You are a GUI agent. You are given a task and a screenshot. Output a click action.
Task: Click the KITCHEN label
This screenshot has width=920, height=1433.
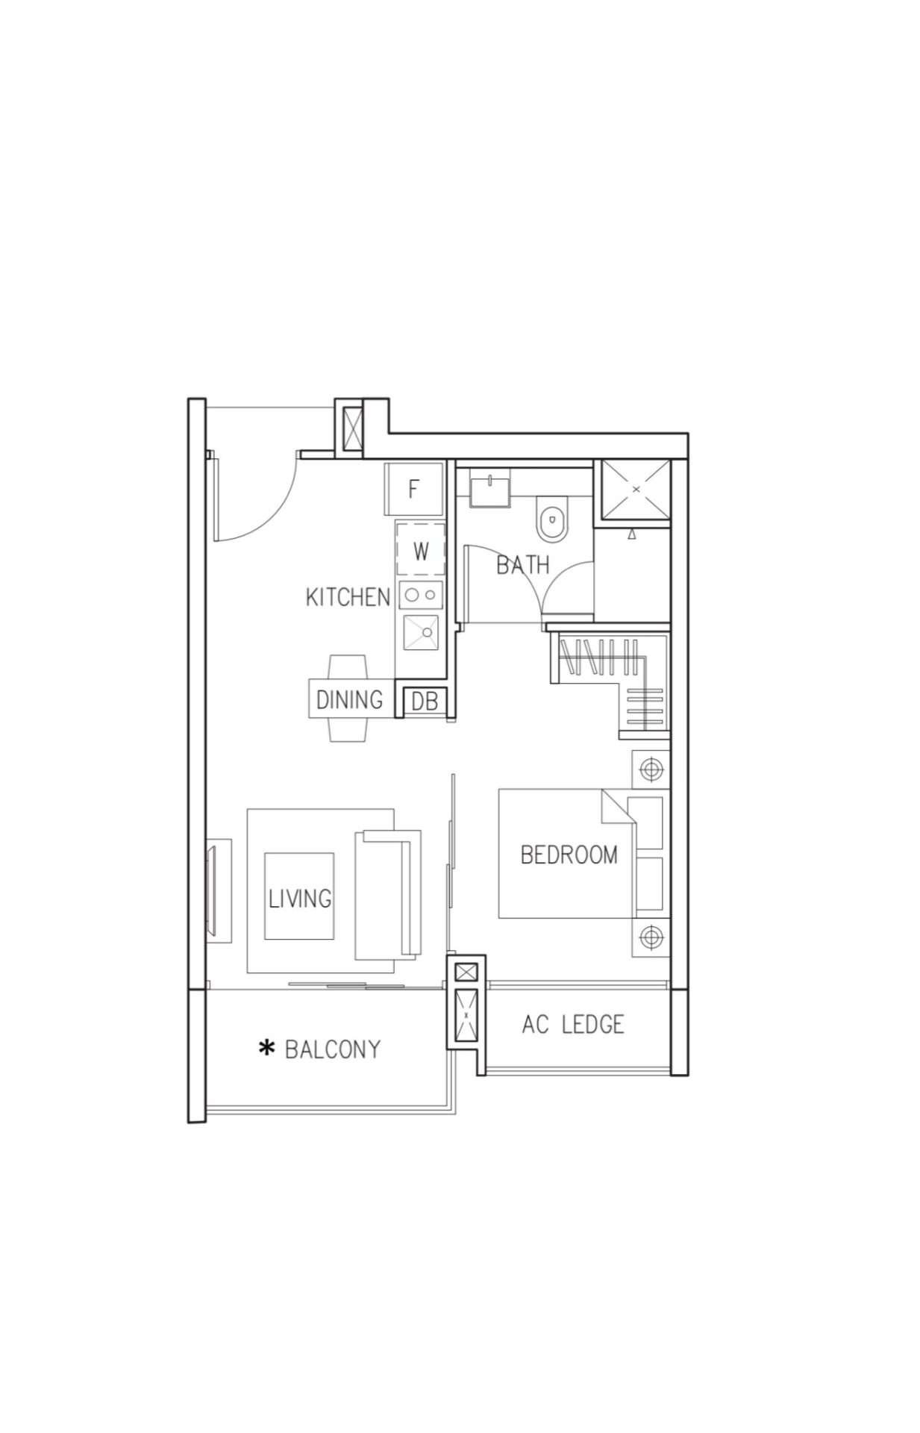pyautogui.click(x=348, y=597)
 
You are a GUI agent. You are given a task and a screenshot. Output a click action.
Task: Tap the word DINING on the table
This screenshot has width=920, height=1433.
pyautogui.click(x=349, y=700)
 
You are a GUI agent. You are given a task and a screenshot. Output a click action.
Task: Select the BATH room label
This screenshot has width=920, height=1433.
pyautogui.click(x=523, y=565)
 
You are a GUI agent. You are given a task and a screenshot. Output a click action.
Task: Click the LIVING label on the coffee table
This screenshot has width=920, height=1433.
pyautogui.click(x=300, y=899)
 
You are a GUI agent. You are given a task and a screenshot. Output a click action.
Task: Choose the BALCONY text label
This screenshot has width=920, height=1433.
pyautogui.click(x=333, y=1049)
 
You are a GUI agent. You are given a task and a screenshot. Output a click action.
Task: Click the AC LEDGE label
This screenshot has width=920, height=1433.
pyautogui.click(x=573, y=1024)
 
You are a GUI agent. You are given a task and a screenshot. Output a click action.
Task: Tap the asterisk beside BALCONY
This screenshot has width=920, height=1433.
pyautogui.click(x=266, y=1049)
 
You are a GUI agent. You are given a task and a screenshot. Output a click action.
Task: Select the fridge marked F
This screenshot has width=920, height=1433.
pyautogui.click(x=414, y=489)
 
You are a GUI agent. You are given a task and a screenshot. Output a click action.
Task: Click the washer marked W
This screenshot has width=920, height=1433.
pyautogui.click(x=421, y=551)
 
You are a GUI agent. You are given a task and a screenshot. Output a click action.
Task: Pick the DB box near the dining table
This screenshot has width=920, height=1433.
pyautogui.click(x=424, y=701)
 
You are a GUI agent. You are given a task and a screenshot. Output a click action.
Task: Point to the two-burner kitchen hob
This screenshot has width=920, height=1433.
pyautogui.click(x=422, y=595)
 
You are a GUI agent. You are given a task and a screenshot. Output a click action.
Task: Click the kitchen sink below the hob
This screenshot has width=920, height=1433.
pyautogui.click(x=422, y=632)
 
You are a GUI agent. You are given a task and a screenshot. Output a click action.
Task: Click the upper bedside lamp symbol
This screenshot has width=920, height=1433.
pyautogui.click(x=651, y=769)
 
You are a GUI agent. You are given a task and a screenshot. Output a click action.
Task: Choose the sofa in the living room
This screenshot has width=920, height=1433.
pyautogui.click(x=388, y=893)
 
